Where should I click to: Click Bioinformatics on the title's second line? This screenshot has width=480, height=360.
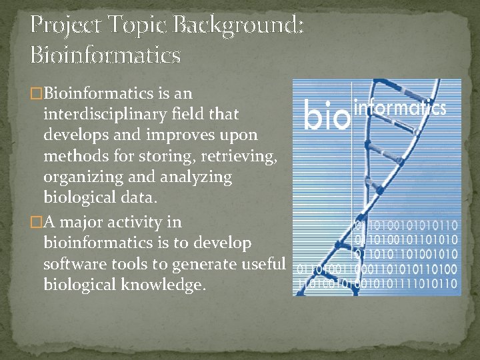[x=105, y=55]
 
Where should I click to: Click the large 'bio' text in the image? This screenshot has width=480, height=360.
[x=327, y=115]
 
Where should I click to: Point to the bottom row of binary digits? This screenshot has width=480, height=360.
[x=376, y=284]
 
